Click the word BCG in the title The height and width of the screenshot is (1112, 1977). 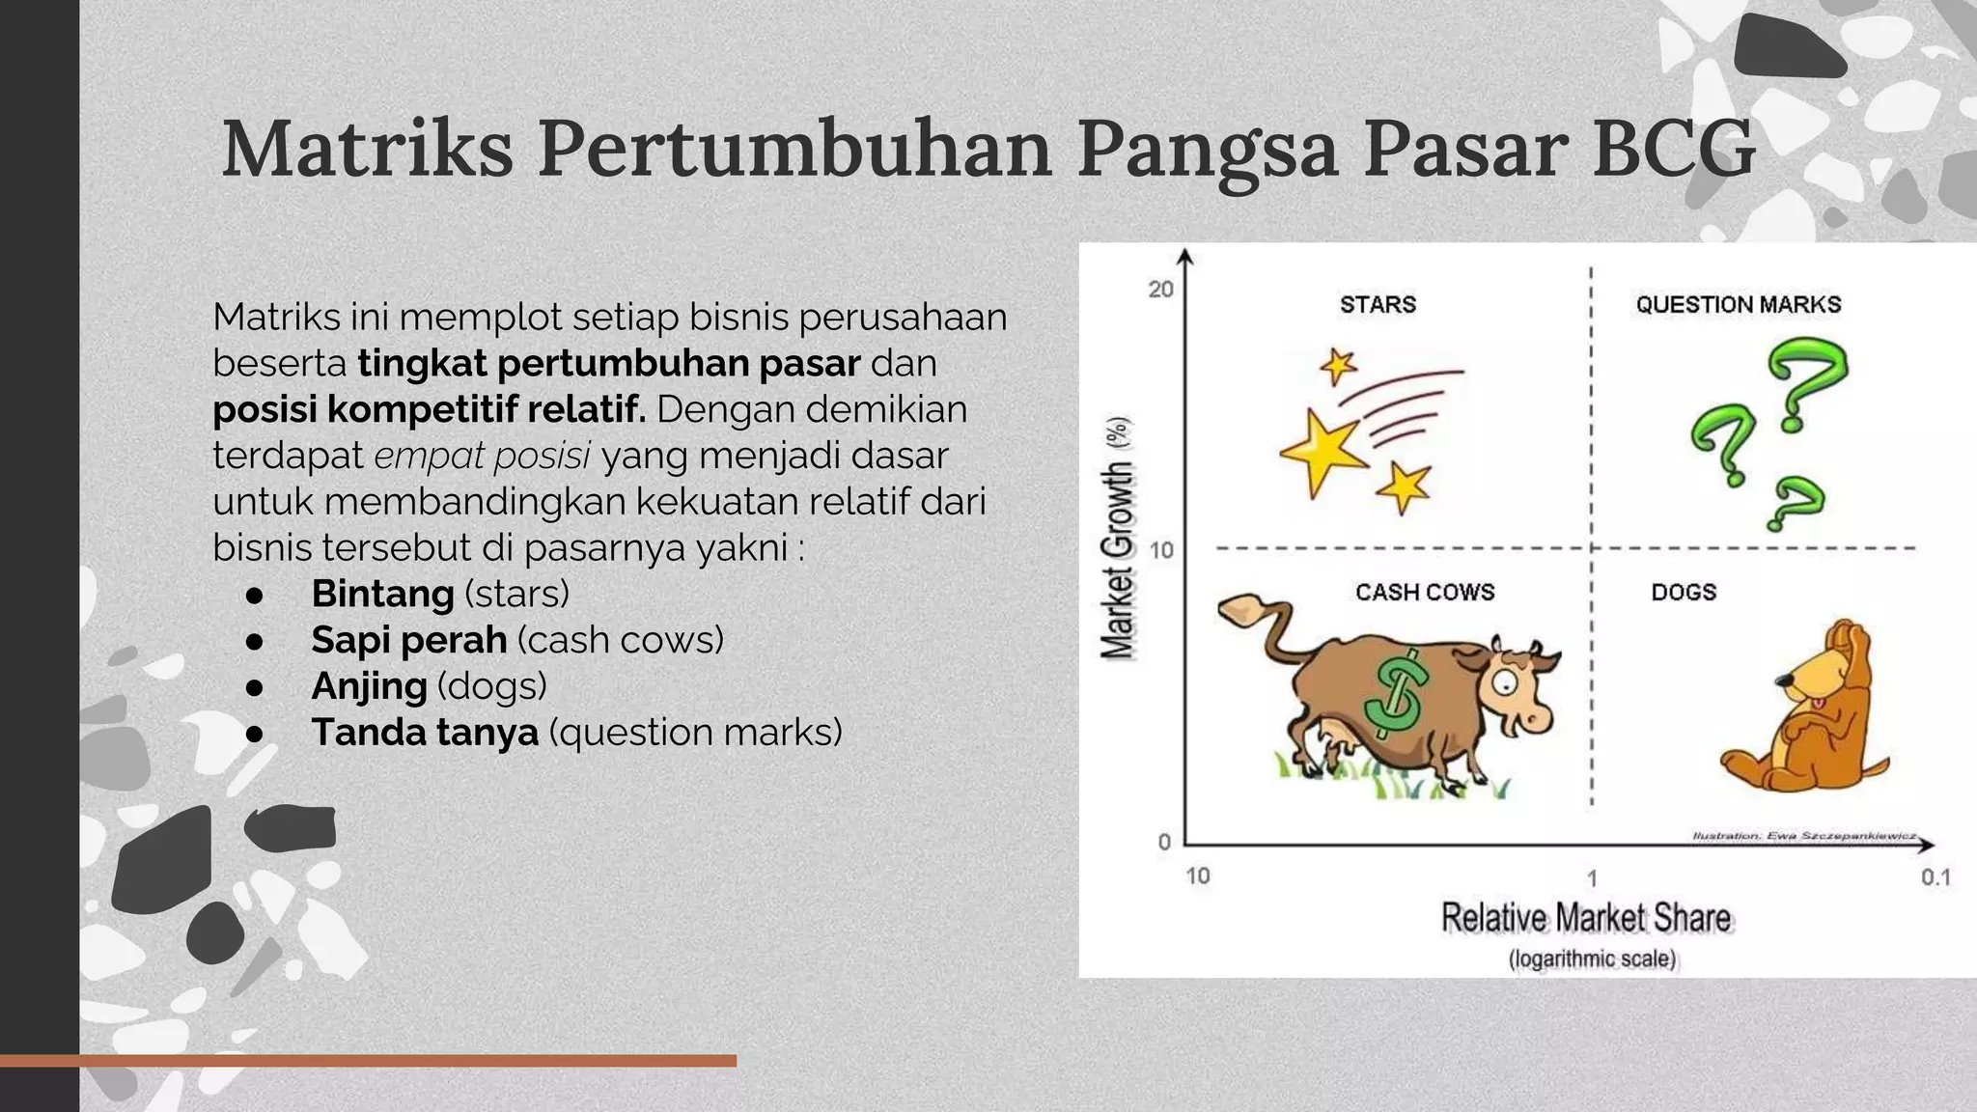1672,150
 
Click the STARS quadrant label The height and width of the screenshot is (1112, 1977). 1378,305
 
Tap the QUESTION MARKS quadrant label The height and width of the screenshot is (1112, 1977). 1738,305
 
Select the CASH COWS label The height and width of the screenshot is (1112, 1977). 1424,592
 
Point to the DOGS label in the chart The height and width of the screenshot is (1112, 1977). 1683,592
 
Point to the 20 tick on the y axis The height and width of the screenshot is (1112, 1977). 1160,290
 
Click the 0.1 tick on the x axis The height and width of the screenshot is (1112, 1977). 1935,877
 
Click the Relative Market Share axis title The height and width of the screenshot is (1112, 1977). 1586,918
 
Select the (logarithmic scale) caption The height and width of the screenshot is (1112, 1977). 1592,959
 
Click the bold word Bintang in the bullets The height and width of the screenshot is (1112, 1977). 382,594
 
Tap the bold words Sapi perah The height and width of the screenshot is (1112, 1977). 408,640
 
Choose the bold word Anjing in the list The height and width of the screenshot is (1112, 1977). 369,686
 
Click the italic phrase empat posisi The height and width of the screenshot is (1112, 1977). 482,456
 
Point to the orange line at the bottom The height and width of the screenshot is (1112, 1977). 367,1061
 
